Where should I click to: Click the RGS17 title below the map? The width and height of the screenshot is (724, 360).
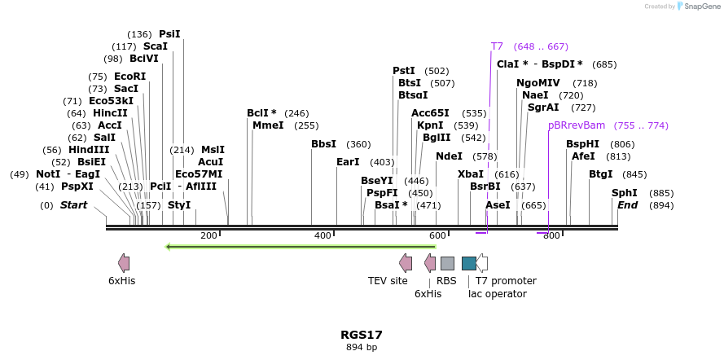coord(361,335)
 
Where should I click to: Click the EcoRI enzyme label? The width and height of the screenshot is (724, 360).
coord(129,77)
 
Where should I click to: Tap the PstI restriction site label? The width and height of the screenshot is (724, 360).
coord(404,71)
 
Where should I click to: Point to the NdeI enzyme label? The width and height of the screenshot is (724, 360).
coord(449,156)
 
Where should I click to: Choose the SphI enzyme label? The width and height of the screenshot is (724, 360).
coord(625,193)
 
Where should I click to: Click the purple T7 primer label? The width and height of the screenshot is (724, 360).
coord(497,46)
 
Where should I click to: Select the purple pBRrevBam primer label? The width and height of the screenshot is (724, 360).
coord(577,125)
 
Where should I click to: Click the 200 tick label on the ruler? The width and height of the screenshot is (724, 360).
coord(208,235)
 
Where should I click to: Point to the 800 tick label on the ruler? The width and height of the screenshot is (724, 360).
coord(551,235)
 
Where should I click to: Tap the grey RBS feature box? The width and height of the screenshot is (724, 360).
coord(447,263)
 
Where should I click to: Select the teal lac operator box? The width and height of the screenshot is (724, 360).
coord(468,263)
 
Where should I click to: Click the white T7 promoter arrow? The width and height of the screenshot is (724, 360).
coord(482,263)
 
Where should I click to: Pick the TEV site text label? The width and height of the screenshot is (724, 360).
coord(388,281)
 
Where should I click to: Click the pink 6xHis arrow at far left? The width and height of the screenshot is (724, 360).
coord(124,262)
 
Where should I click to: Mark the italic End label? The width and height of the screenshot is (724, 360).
coord(627,205)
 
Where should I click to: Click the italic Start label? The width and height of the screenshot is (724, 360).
coord(73,205)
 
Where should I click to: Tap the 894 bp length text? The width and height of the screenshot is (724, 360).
coord(361,348)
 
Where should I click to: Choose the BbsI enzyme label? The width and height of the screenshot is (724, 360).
coord(323,144)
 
